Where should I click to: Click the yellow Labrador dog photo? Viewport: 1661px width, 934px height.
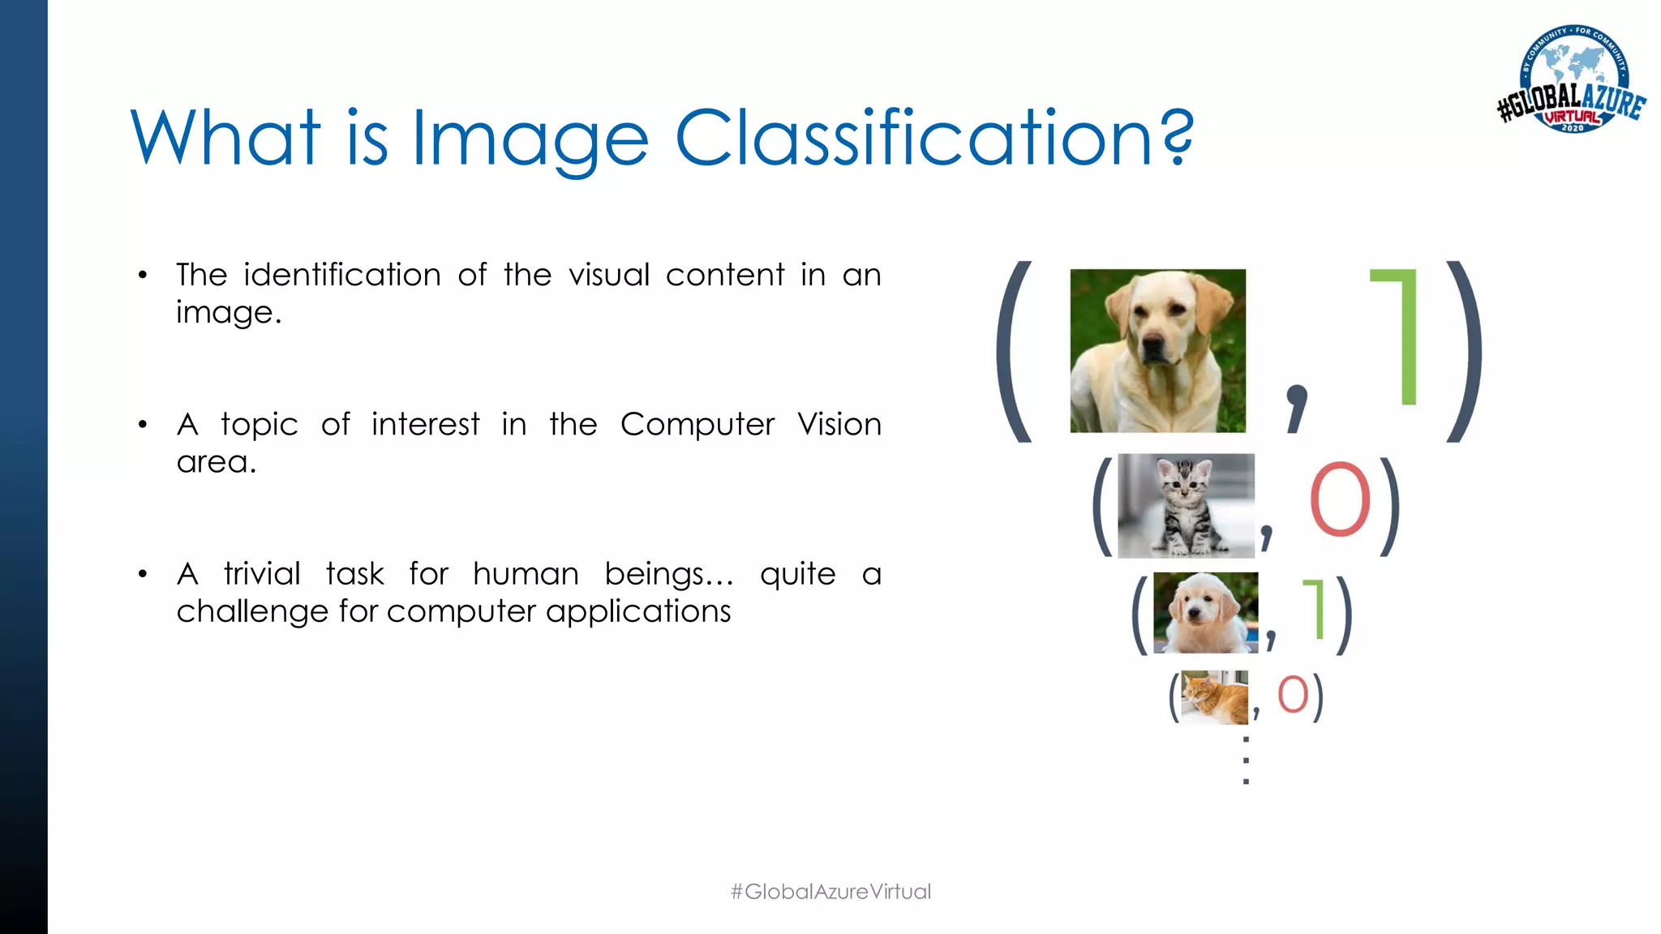(1157, 350)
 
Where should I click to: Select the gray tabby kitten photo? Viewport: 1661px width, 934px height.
(1185, 506)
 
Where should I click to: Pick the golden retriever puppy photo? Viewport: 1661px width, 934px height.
(1205, 612)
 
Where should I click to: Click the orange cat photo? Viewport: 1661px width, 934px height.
(1214, 697)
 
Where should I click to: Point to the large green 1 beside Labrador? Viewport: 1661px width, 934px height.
(1399, 336)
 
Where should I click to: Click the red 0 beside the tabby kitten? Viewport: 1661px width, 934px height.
(1340, 500)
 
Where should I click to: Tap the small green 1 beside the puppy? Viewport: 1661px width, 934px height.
(1315, 609)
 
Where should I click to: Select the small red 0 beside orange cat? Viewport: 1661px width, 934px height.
(1293, 695)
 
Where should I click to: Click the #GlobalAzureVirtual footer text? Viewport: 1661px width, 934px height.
(830, 892)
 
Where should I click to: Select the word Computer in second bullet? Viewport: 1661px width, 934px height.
(697, 425)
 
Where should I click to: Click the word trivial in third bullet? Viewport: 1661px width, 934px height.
(262, 574)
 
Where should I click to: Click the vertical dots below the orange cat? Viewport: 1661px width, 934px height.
(1246, 760)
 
